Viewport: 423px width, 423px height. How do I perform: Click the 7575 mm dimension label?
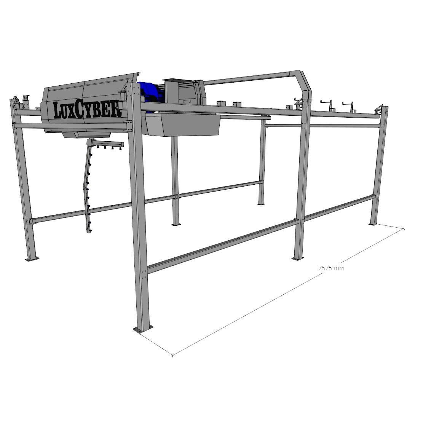[331, 268]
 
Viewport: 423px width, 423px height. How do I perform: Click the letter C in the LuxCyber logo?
[80, 110]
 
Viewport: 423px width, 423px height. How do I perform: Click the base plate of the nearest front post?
[143, 329]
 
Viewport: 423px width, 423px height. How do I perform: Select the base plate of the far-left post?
[32, 259]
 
